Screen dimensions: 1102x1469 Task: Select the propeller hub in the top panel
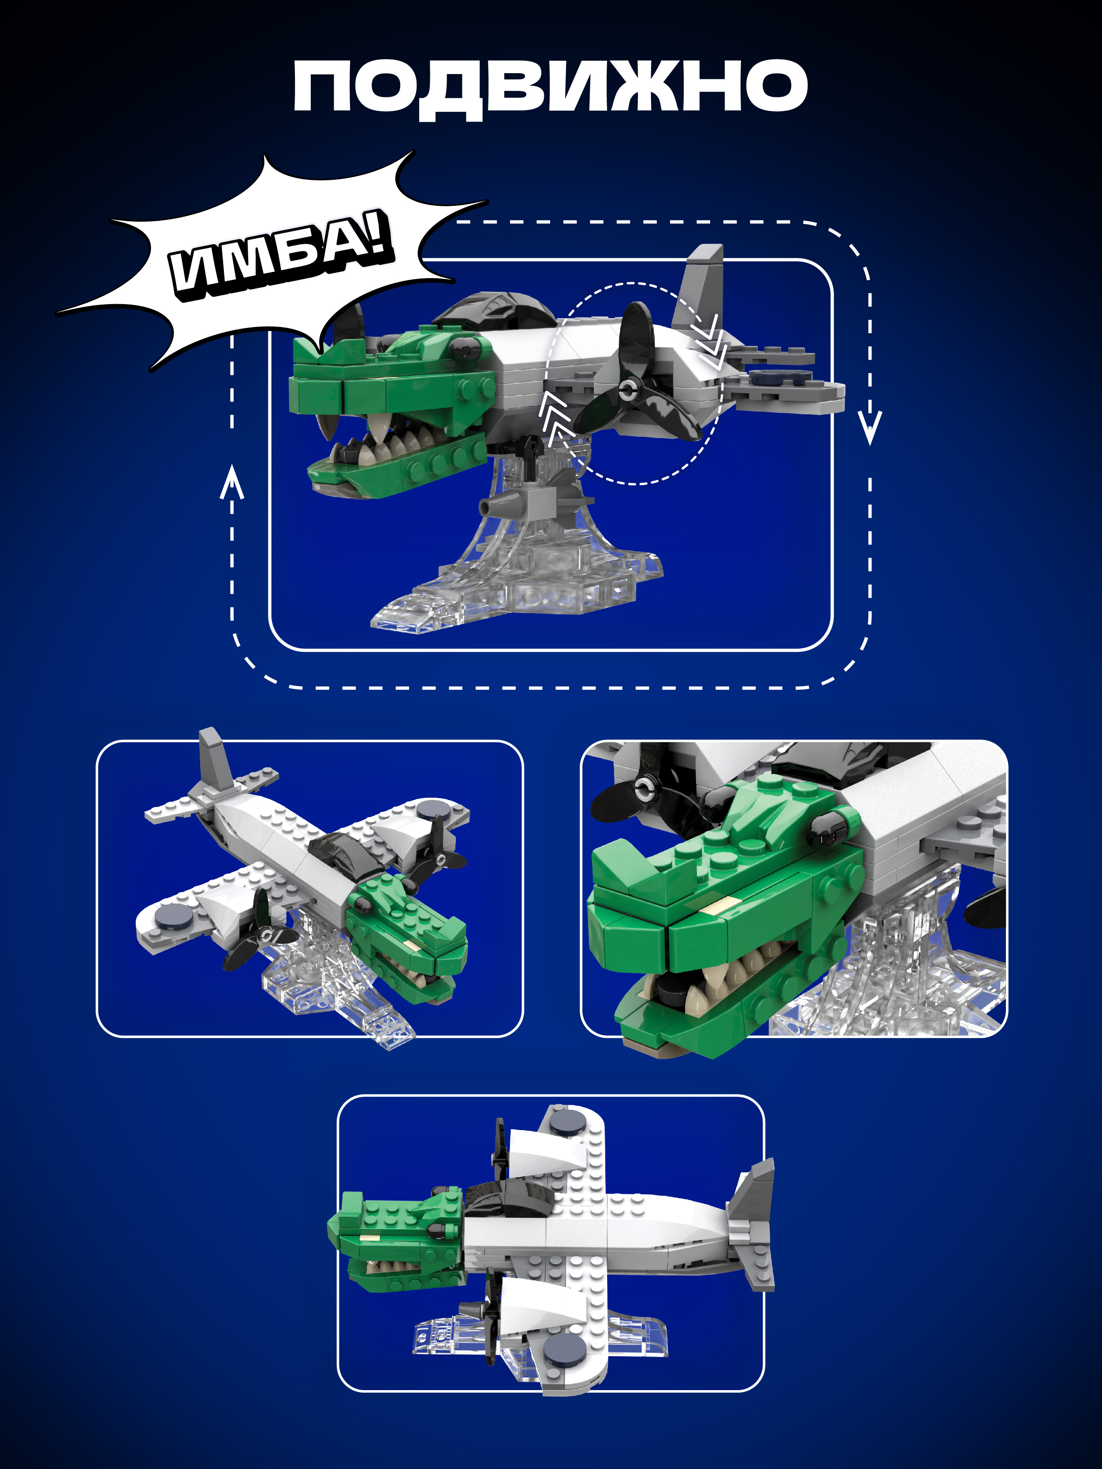tap(627, 390)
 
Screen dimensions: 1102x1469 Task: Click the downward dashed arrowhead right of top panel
tap(870, 428)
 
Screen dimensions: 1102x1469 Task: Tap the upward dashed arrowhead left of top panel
tap(232, 481)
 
